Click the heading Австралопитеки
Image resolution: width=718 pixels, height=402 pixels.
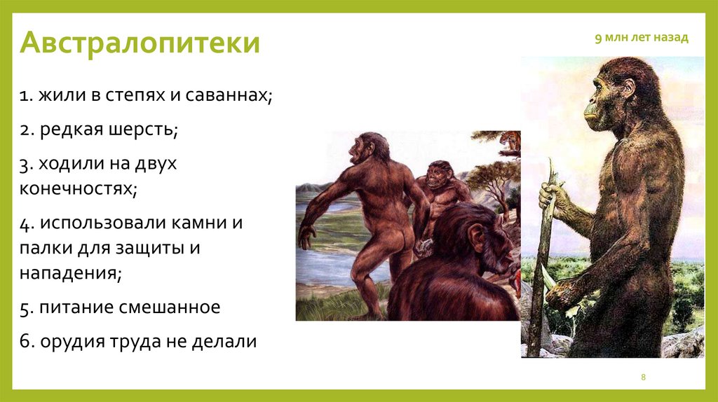click(140, 43)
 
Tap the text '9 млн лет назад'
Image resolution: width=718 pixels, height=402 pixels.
click(642, 38)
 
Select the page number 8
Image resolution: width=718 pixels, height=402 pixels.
click(643, 378)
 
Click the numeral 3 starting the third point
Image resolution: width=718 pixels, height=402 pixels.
click(24, 166)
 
